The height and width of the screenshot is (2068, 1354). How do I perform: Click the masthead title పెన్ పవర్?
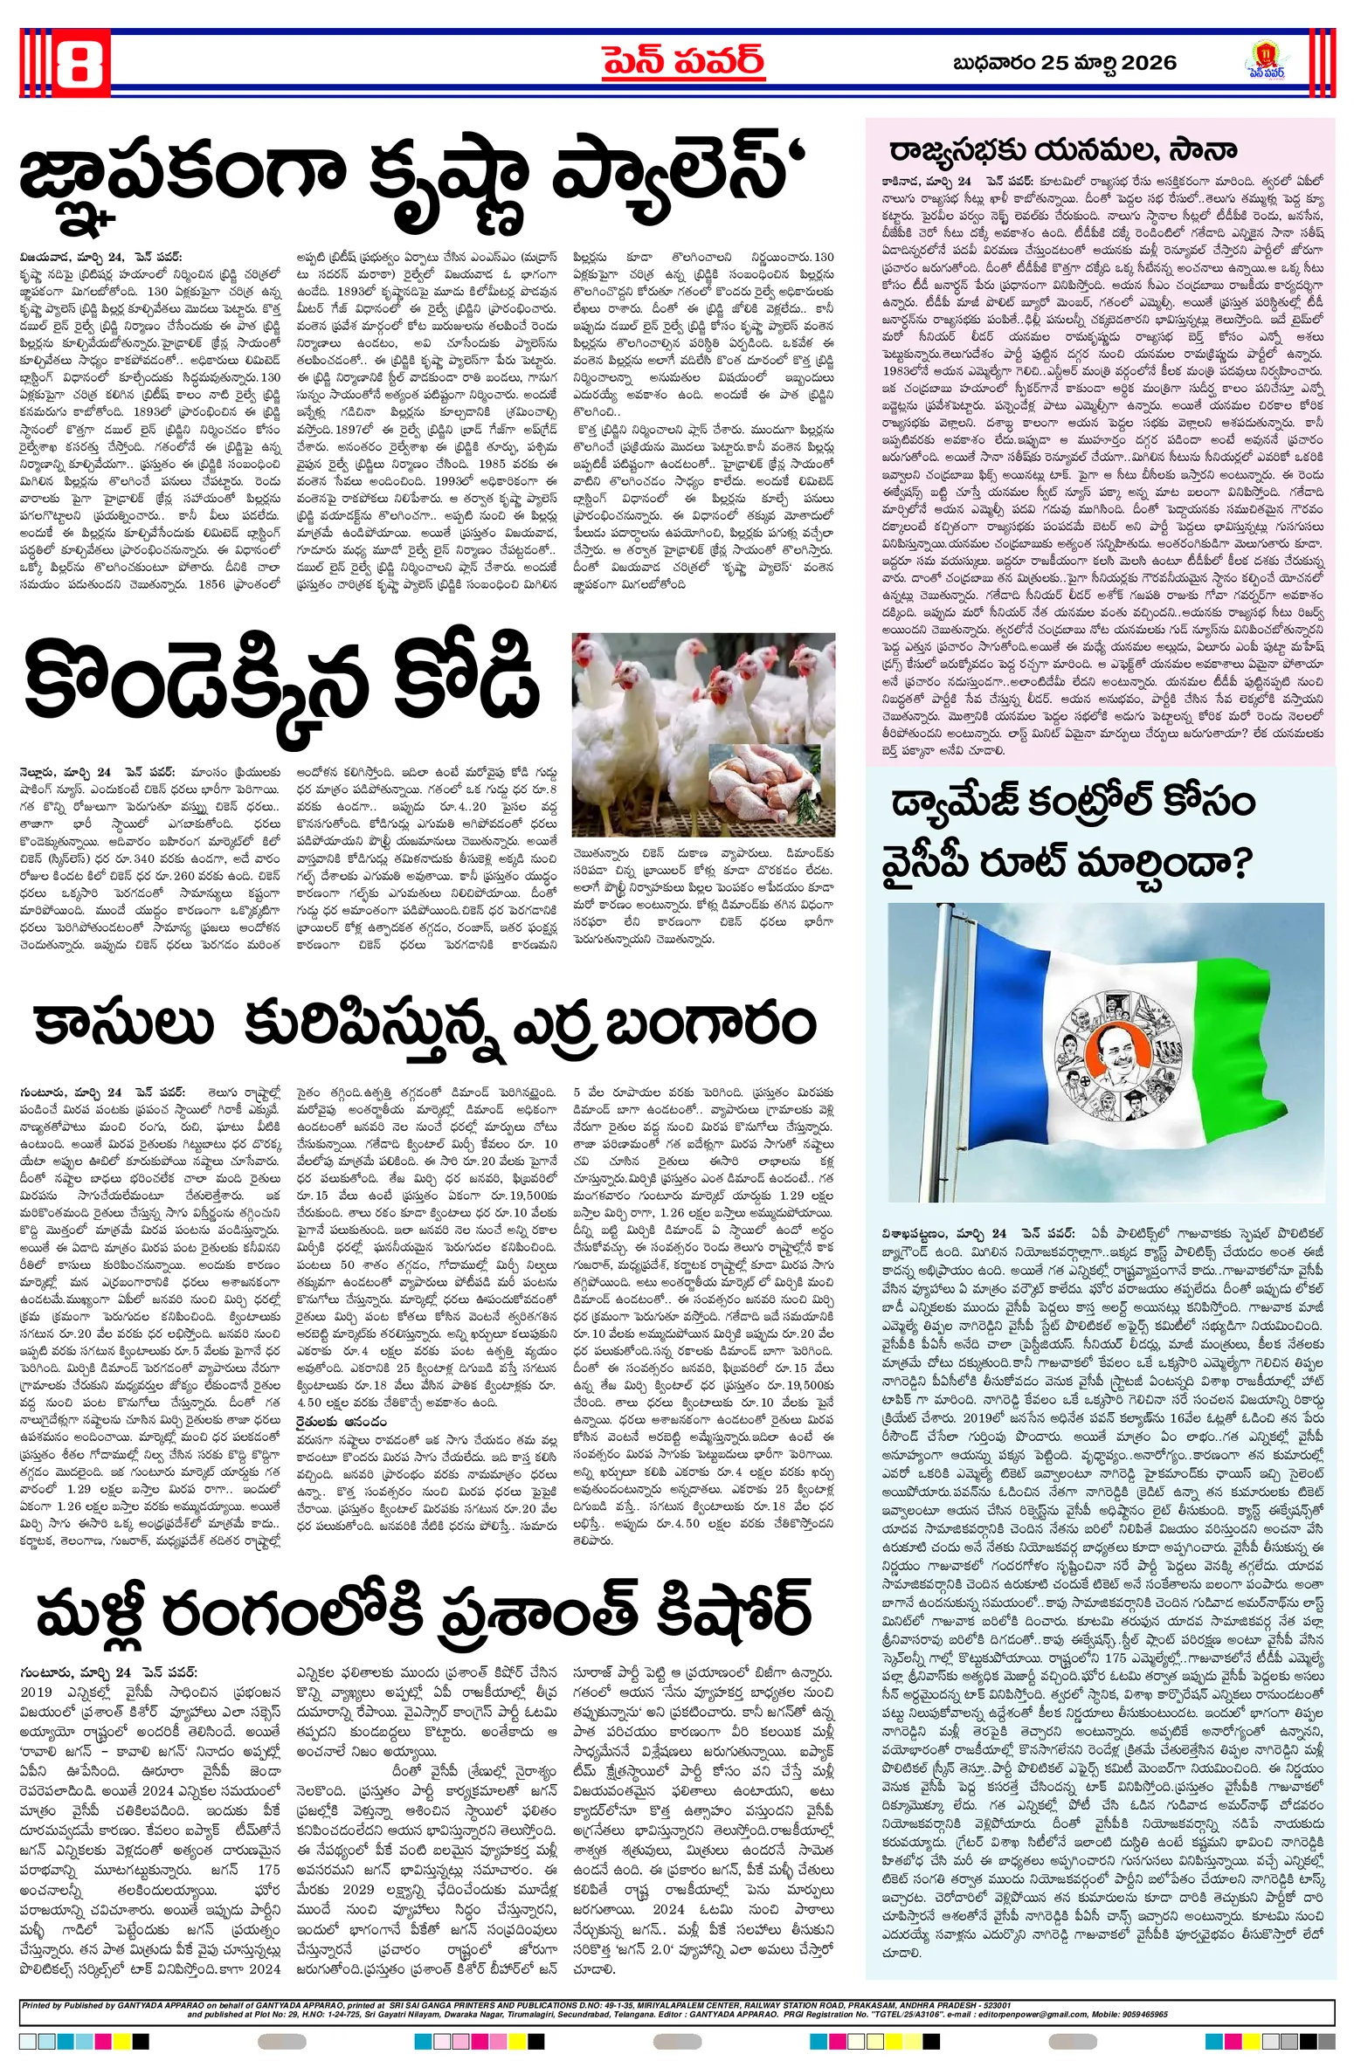683,62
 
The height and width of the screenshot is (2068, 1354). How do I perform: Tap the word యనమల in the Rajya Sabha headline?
1102,150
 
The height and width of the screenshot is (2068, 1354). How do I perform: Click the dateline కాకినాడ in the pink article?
904,181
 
